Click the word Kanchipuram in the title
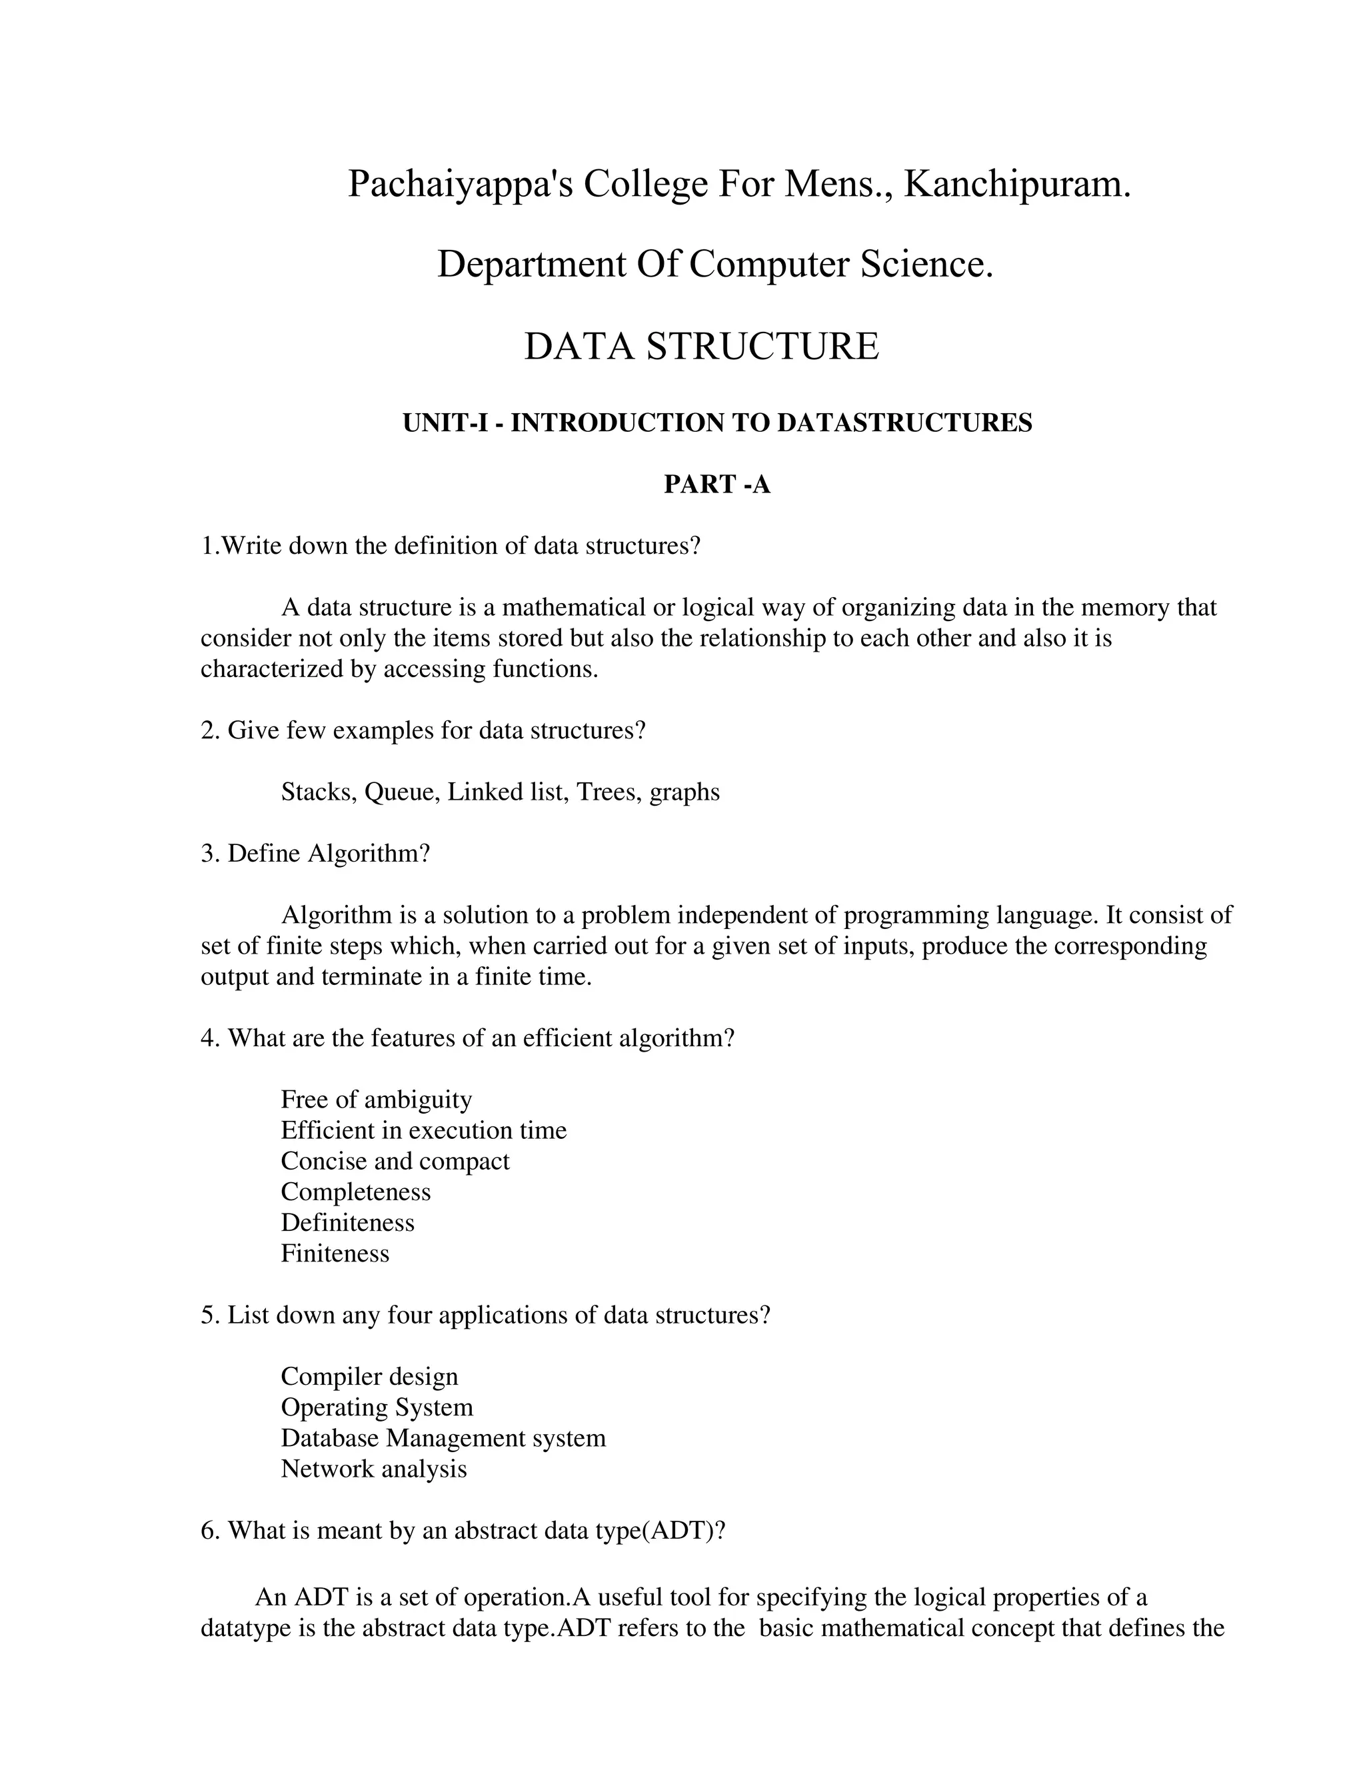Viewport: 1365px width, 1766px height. click(1016, 185)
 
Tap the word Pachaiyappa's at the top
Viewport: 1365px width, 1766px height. click(459, 185)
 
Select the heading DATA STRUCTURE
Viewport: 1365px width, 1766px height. click(701, 346)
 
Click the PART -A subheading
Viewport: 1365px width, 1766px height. click(716, 484)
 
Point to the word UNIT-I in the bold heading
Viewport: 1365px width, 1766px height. click(445, 423)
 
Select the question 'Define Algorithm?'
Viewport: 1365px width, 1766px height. click(315, 853)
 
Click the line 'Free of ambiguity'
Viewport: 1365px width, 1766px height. click(376, 1100)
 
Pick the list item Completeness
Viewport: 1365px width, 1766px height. click(356, 1192)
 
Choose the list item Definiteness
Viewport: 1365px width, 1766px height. click(348, 1223)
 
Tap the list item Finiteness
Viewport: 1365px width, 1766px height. click(335, 1254)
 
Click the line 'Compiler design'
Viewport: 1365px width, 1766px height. click(369, 1376)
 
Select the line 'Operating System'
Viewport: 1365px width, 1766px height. click(377, 1407)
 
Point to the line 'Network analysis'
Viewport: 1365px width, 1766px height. click(374, 1468)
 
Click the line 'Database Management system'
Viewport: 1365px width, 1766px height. click(443, 1437)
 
